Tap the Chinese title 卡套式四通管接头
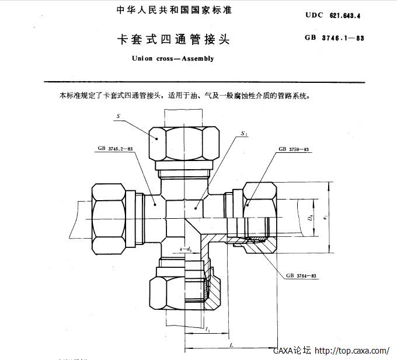click(175, 40)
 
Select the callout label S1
click(243, 134)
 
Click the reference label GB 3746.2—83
click(113, 149)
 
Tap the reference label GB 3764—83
click(301, 275)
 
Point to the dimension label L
click(232, 345)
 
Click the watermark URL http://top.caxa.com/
click(352, 351)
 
